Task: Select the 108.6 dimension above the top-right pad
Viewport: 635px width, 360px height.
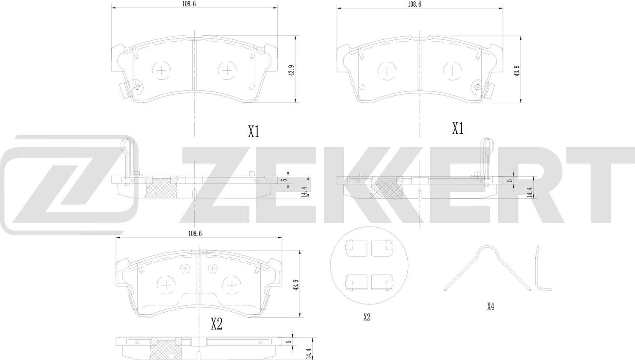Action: point(414,4)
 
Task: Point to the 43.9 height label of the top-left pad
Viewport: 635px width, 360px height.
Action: point(291,70)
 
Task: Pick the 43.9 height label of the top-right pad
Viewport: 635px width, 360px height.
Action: point(516,70)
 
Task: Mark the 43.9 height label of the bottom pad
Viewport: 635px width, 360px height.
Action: point(296,284)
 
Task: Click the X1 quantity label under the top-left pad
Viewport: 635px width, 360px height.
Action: point(253,133)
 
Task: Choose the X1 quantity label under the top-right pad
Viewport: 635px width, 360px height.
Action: point(458,128)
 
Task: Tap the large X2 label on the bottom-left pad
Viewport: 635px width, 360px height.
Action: point(216,324)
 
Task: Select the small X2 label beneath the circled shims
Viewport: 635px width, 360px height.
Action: point(367,317)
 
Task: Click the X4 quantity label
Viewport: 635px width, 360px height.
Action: point(490,306)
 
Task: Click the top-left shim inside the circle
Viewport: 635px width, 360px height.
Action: point(355,248)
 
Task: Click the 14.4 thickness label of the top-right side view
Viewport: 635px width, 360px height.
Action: point(529,192)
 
